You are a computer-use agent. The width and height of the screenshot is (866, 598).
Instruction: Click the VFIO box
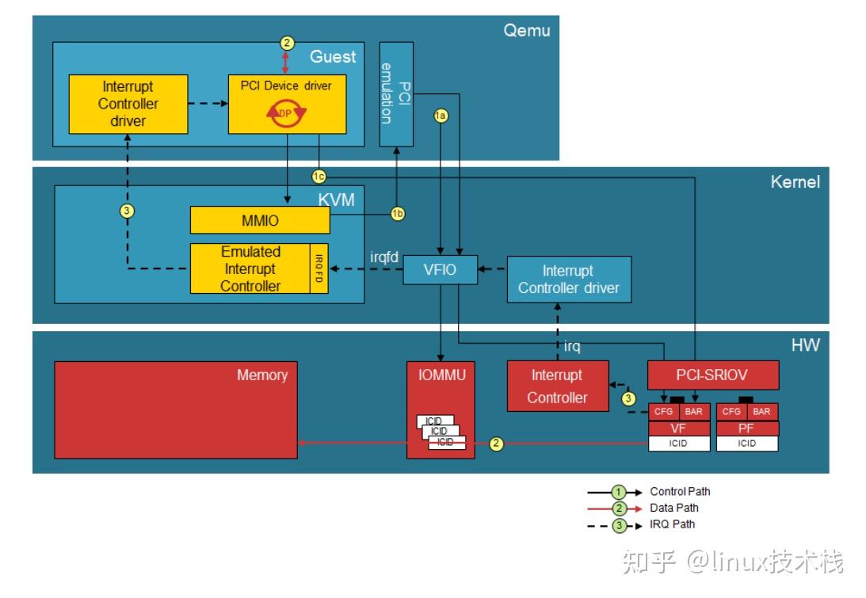(441, 269)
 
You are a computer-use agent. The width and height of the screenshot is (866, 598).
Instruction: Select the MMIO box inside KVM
(259, 220)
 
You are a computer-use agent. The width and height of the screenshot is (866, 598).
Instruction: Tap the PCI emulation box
(396, 93)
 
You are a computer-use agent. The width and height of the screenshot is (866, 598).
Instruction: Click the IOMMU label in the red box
(440, 375)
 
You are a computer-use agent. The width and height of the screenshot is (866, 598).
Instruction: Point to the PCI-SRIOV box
(713, 375)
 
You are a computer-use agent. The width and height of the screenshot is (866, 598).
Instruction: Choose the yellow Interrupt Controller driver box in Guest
(128, 104)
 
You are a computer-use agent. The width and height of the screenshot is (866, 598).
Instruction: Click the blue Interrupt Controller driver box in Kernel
(568, 279)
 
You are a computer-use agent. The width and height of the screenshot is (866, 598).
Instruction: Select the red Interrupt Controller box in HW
(557, 386)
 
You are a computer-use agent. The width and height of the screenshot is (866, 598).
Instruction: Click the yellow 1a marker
(441, 116)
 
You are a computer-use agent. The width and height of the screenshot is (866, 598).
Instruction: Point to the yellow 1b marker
(398, 213)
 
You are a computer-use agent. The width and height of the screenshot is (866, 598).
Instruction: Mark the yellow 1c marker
(319, 176)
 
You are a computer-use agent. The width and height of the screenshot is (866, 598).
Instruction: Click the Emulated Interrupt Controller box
(250, 269)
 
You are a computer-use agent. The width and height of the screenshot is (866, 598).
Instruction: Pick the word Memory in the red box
(261, 375)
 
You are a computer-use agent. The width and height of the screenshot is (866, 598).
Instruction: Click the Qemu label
(526, 31)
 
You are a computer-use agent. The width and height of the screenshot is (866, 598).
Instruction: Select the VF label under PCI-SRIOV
(678, 429)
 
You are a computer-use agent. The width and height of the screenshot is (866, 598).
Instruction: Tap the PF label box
(746, 429)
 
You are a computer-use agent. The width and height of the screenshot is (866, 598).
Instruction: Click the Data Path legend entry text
(673, 508)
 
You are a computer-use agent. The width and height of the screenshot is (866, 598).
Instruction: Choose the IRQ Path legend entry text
(672, 524)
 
